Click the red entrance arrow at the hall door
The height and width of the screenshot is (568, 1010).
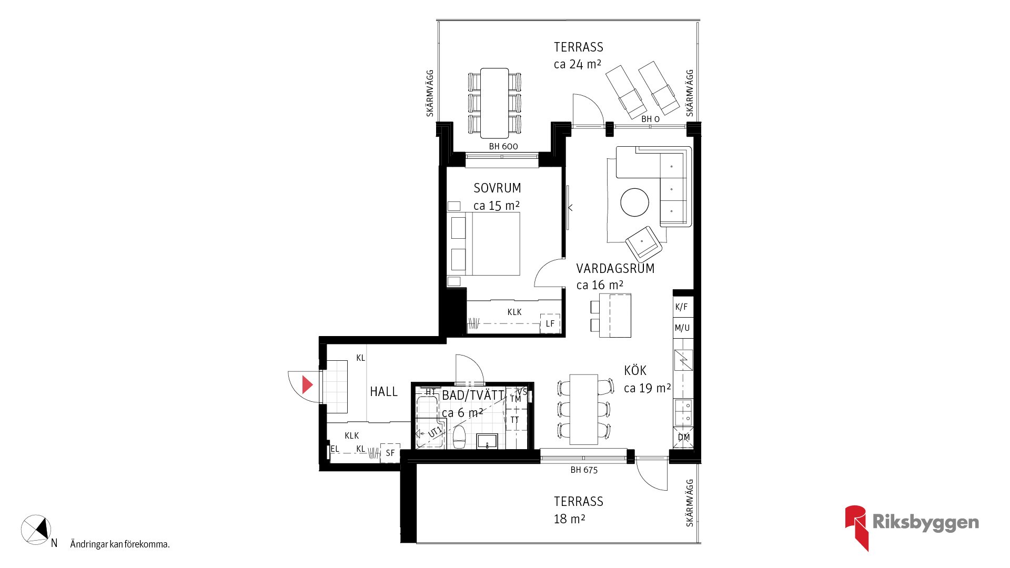[x=307, y=385]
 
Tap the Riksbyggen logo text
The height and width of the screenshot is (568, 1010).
[x=925, y=522]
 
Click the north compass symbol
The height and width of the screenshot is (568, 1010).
[x=36, y=530]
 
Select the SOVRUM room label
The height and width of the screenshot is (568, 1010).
[x=497, y=188]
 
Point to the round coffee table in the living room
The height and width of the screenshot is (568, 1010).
[x=634, y=202]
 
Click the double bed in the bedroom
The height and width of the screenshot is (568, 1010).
[x=483, y=244]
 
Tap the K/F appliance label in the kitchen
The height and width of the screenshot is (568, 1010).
[x=681, y=307]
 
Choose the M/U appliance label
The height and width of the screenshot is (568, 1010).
[x=682, y=328]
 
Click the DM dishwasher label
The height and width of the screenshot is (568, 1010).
[x=684, y=437]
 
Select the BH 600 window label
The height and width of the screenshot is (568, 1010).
[x=503, y=146]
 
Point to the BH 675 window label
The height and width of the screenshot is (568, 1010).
[x=584, y=470]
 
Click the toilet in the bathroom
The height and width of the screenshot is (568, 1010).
[x=460, y=437]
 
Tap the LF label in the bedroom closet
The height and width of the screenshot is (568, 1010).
[x=550, y=323]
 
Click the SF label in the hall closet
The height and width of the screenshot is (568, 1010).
[x=390, y=453]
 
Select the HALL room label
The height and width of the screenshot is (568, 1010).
[x=383, y=392]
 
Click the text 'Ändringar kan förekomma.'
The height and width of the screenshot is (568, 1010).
[x=120, y=544]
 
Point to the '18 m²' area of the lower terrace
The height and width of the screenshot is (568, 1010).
[x=569, y=519]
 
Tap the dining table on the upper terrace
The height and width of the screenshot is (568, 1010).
[x=494, y=103]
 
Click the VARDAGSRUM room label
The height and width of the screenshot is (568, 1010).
[x=615, y=268]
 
